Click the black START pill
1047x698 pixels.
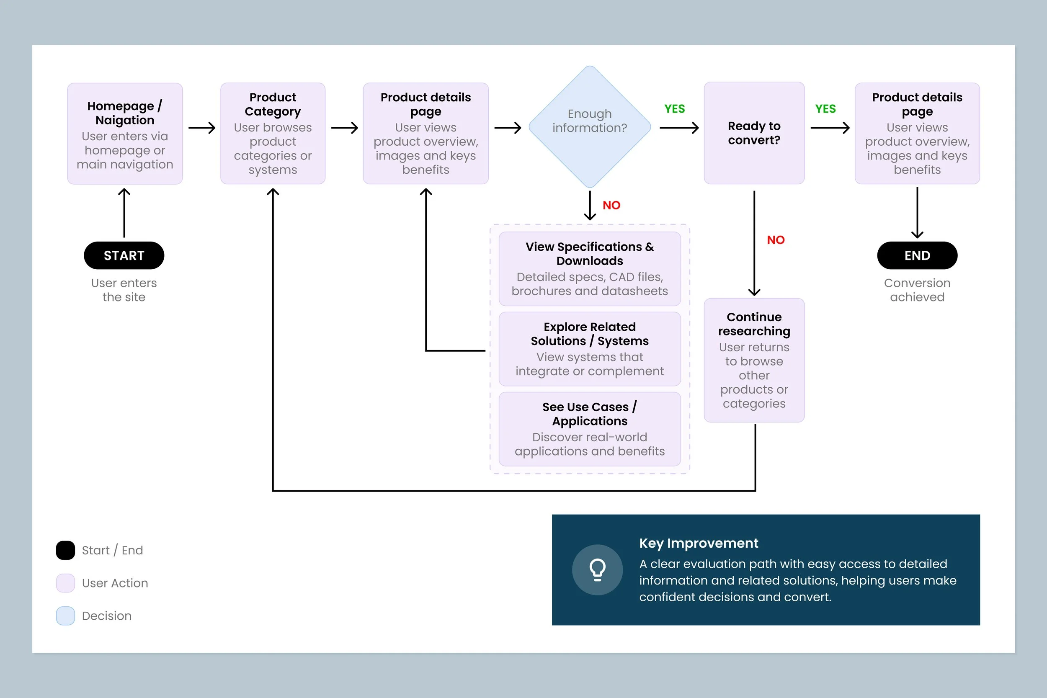click(124, 255)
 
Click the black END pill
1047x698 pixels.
click(917, 255)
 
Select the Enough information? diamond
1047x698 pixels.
click(590, 127)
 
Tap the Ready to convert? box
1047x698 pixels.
click(754, 133)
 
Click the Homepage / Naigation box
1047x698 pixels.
click(125, 134)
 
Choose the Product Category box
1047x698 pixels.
click(273, 134)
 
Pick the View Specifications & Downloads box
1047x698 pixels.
click(590, 269)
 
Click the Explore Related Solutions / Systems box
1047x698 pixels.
click(590, 349)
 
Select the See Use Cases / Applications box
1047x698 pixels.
click(590, 429)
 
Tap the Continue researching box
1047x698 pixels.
click(754, 360)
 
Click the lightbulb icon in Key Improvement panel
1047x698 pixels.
click(597, 570)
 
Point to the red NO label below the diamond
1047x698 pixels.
click(611, 205)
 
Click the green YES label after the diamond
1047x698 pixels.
click(674, 108)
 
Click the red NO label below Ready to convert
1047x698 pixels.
click(776, 240)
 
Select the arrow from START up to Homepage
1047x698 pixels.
click(124, 213)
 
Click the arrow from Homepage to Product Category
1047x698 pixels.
click(202, 128)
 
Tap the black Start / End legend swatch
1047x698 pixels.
click(65, 550)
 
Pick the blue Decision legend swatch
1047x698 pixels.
click(65, 616)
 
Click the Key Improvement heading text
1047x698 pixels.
click(699, 543)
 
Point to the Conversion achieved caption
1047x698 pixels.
click(917, 290)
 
